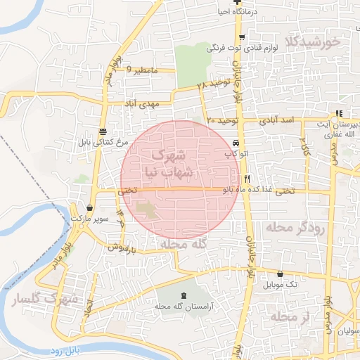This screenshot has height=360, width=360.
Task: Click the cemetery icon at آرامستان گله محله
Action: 184,295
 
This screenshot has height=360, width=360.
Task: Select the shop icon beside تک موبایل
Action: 281,274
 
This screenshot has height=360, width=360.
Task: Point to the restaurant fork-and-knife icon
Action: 247,179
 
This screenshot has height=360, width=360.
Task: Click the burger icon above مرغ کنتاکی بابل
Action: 103,131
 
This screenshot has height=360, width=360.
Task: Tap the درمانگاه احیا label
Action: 243,12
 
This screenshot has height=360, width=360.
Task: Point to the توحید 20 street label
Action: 224,121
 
